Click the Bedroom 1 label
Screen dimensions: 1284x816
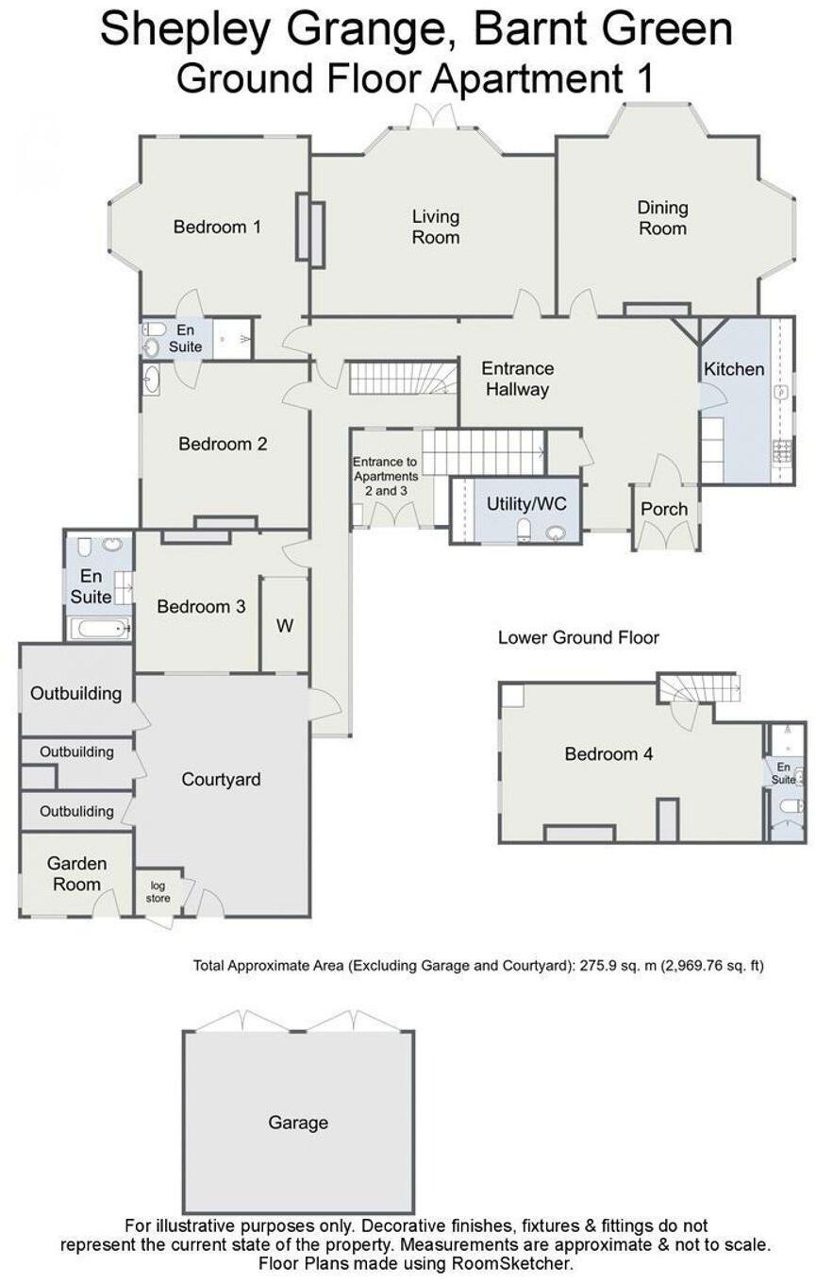(x=217, y=227)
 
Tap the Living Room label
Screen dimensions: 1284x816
(x=435, y=228)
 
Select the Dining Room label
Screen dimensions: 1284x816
(x=662, y=218)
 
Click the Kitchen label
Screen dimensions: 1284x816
(x=734, y=369)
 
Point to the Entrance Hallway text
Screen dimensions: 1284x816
(x=517, y=379)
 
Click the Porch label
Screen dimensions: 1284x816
(x=664, y=509)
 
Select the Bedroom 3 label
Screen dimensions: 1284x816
(x=201, y=607)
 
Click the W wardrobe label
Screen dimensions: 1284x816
(x=285, y=626)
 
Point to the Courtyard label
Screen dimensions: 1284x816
(x=221, y=780)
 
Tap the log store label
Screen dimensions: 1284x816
(x=158, y=891)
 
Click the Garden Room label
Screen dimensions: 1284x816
(x=76, y=873)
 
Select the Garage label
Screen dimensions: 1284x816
(x=298, y=1123)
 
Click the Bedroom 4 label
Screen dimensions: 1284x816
(x=608, y=753)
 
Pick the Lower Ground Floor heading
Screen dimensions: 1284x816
(x=578, y=638)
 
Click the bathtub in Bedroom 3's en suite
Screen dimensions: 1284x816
(x=98, y=628)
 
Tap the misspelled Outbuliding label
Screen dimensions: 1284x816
(x=76, y=811)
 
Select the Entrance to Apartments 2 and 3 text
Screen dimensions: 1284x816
(x=385, y=469)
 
